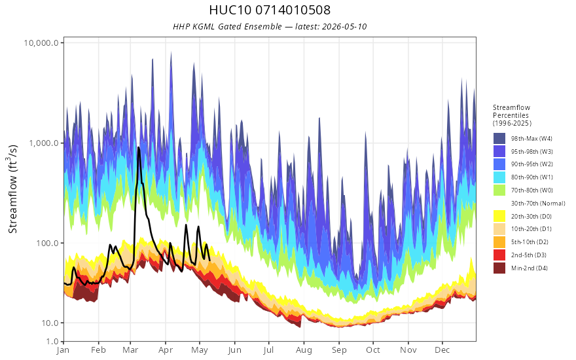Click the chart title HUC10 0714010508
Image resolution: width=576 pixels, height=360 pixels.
point(270,10)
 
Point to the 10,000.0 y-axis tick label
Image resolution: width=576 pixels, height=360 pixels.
point(41,43)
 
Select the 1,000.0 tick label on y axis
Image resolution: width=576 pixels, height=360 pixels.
point(44,143)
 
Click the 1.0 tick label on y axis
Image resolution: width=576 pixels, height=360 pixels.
point(52,341)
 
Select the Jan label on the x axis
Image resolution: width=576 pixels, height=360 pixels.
point(63,350)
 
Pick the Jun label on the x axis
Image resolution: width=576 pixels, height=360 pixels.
point(234,350)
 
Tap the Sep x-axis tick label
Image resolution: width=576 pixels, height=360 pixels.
point(339,350)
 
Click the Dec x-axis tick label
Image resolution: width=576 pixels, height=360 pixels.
point(442,350)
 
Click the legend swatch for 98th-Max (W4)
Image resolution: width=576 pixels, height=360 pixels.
point(499,139)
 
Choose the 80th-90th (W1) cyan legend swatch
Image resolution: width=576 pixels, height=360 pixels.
point(499,177)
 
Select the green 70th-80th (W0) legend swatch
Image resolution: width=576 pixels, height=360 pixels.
point(499,190)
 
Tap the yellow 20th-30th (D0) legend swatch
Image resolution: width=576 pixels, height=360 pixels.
point(499,217)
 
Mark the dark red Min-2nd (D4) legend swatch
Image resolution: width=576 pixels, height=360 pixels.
point(499,268)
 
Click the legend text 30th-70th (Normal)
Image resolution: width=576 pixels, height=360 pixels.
point(538,204)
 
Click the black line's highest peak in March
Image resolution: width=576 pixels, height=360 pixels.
point(139,148)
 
